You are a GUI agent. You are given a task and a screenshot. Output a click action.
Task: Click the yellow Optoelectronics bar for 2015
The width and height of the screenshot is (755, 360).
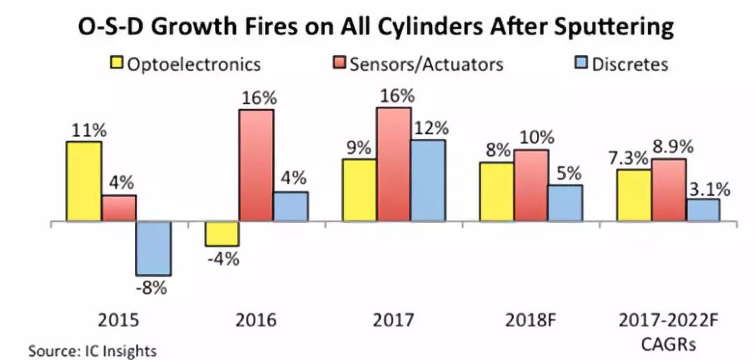pos(84,182)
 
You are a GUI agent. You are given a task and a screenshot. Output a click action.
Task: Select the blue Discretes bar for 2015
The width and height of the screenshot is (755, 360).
pos(153,249)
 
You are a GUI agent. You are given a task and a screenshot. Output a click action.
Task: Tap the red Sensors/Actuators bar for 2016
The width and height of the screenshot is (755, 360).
pos(257,166)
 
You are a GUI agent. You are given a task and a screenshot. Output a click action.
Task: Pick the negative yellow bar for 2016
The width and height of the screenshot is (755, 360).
pos(222,234)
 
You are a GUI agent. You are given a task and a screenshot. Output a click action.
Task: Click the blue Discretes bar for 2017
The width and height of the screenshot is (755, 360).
pos(428,181)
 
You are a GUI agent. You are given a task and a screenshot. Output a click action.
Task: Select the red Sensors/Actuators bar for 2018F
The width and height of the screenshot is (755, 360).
pos(531,186)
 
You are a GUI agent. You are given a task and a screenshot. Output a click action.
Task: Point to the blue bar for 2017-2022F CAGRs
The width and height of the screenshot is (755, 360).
pos(703,210)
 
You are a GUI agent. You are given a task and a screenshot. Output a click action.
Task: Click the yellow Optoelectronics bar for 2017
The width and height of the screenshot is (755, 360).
pos(359,191)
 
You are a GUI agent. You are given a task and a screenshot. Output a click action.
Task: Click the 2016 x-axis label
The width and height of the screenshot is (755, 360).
pos(257,320)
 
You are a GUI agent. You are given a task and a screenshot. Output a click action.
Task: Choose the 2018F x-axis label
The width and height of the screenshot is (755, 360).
pos(531,320)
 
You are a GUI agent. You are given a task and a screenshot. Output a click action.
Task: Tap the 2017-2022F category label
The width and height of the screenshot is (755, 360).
pos(668,320)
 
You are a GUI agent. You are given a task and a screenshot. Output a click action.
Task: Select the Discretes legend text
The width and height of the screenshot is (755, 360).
pos(630,64)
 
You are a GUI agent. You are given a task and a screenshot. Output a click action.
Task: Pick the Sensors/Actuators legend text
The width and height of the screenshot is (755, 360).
pos(426,64)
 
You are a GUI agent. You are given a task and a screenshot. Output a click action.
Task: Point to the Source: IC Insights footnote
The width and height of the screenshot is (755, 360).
pos(92,350)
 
